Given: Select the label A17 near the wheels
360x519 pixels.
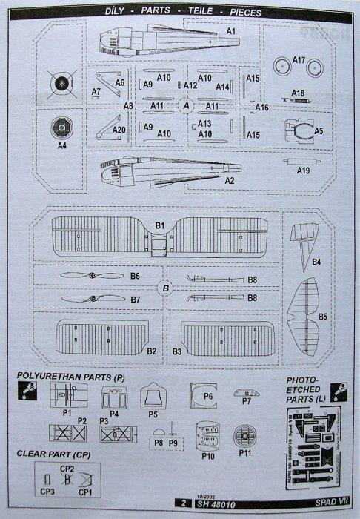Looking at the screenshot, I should [299, 59].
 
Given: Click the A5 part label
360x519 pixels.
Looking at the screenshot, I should [319, 131].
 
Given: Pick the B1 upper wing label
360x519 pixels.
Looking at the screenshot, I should [159, 224].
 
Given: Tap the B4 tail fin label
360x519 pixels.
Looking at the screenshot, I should [316, 262].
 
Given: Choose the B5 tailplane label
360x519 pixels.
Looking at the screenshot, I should [322, 317].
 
